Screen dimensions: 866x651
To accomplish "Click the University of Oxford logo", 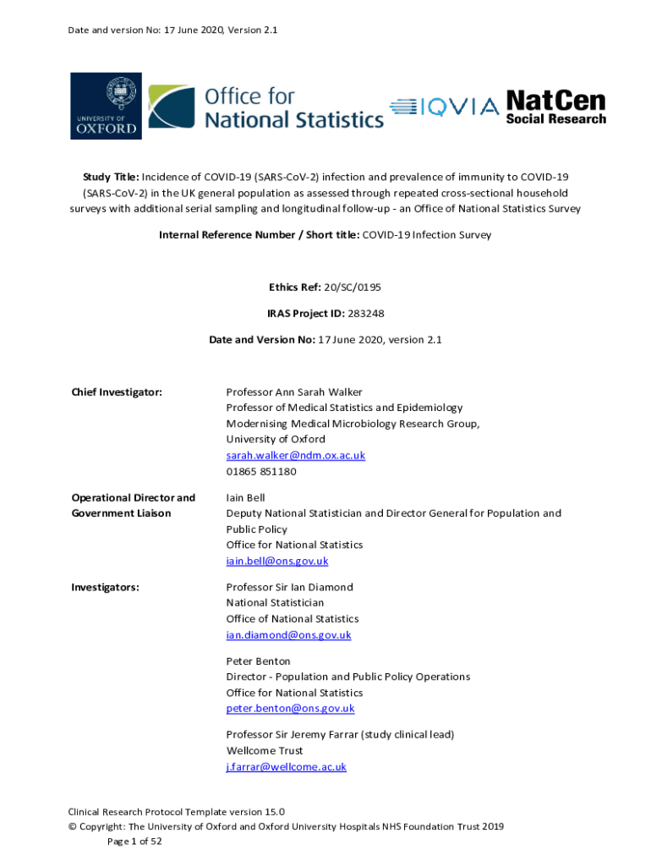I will (106, 106).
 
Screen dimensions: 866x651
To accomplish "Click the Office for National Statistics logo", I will (265, 107).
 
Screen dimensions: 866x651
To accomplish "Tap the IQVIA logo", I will (444, 107).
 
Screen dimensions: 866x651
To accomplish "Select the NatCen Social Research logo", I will (555, 107).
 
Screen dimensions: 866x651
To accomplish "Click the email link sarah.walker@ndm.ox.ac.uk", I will (295, 455).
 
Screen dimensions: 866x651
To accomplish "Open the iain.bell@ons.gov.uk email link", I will (276, 561).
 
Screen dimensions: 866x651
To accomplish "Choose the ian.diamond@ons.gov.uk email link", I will (288, 634).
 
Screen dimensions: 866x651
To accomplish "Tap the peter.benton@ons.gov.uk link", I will (290, 709).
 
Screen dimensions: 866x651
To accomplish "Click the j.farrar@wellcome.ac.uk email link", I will (286, 767).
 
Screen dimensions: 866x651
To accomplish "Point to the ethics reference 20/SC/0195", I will (364, 287).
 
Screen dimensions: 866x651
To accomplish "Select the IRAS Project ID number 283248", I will (366, 313).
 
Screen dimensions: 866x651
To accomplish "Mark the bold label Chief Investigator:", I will (117, 392).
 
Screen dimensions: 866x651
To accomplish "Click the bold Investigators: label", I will (106, 587).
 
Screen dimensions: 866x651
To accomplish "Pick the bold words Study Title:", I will (110, 177).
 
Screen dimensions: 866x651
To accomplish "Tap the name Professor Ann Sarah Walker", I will (294, 392).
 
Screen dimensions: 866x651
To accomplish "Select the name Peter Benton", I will (258, 660).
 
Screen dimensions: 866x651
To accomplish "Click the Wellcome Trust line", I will (265, 750).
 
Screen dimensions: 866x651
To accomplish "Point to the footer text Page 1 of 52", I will (134, 841).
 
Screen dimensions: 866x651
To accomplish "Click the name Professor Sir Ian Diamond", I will (289, 587).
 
